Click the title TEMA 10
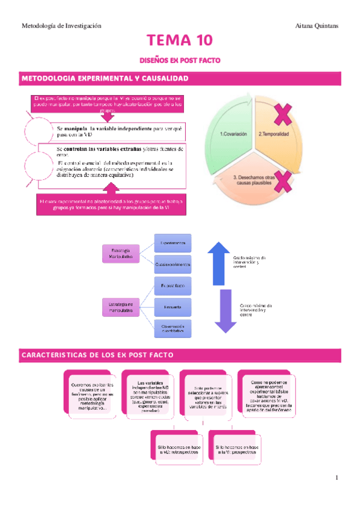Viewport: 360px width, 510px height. click(x=180, y=41)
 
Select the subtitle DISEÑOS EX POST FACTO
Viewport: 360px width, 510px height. click(x=180, y=61)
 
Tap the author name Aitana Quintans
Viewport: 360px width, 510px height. click(x=318, y=26)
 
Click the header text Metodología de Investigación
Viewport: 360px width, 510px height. click(x=61, y=26)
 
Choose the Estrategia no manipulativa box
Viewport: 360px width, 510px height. click(x=121, y=307)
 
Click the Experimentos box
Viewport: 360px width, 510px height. click(x=172, y=243)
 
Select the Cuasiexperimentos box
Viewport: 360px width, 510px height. click(x=172, y=264)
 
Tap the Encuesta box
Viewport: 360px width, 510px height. click(x=172, y=307)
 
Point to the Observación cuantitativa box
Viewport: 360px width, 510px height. click(x=172, y=328)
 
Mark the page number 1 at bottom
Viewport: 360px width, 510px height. click(x=337, y=478)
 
